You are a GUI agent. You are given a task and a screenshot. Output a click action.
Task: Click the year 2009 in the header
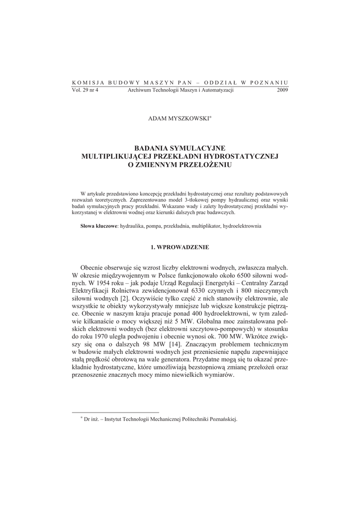click(x=281, y=90)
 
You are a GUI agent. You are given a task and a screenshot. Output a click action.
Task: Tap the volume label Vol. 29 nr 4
click(x=86, y=90)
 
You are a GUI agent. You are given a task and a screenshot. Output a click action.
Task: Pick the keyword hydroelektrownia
click(x=242, y=226)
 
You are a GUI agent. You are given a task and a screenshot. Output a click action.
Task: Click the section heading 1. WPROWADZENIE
click(x=180, y=247)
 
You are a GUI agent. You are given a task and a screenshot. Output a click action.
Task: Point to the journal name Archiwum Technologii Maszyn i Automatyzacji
click(x=180, y=90)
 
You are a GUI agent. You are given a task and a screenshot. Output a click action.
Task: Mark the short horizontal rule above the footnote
click(x=115, y=412)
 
